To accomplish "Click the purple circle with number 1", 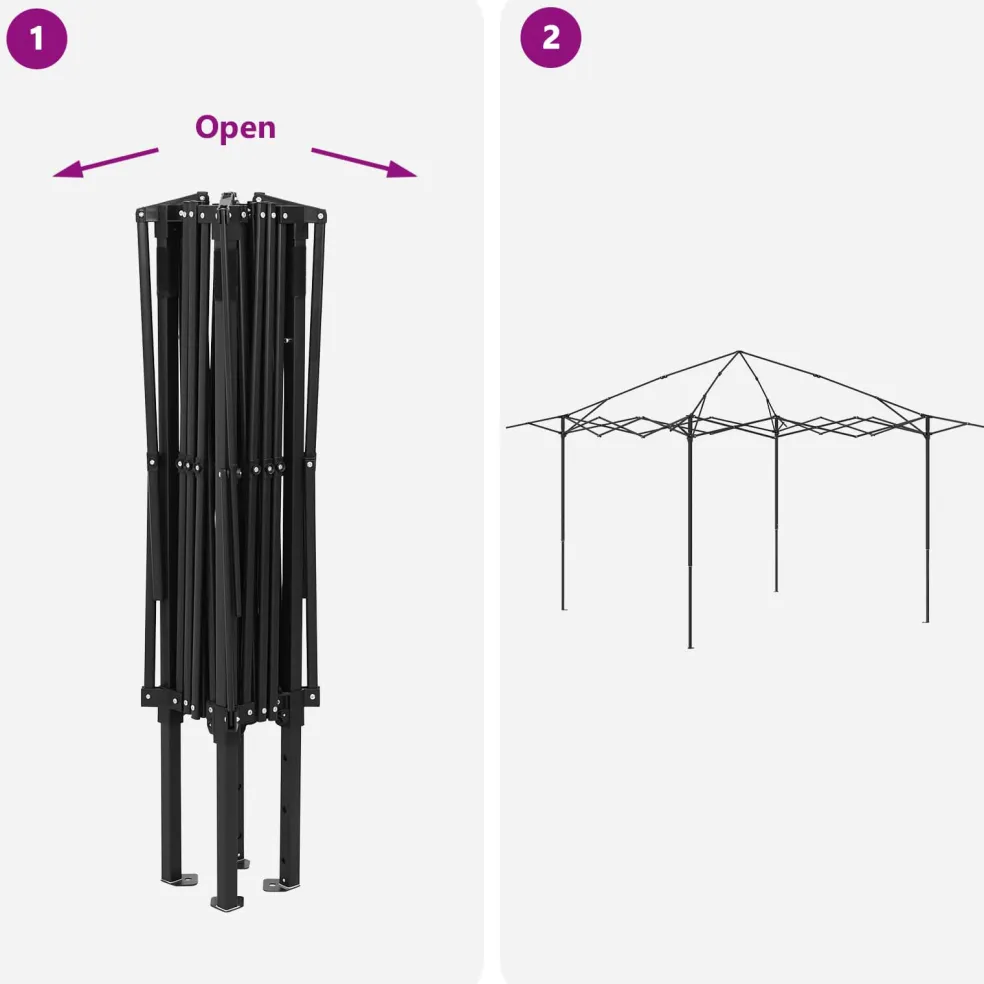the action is [x=36, y=38].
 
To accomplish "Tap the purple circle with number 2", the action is [x=550, y=38].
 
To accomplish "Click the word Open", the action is [x=235, y=128].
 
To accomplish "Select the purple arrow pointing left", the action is [x=105, y=163].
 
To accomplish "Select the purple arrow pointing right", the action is [x=364, y=163].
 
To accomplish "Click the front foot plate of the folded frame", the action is [x=227, y=903].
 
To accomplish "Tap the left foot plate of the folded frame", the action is [x=181, y=880].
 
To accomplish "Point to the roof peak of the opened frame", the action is [x=739, y=352].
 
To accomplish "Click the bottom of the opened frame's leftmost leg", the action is [x=564, y=607].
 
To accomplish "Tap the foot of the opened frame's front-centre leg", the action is [x=690, y=646].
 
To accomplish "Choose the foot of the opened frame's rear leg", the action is [x=776, y=589].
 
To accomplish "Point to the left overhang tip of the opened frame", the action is [x=508, y=427].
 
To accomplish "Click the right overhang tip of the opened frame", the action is [x=980, y=426].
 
